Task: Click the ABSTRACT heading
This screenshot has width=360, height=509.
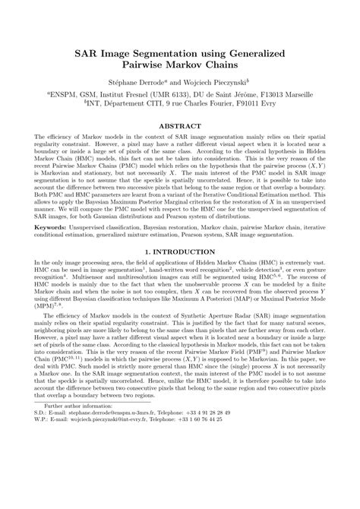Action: tap(180, 125)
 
